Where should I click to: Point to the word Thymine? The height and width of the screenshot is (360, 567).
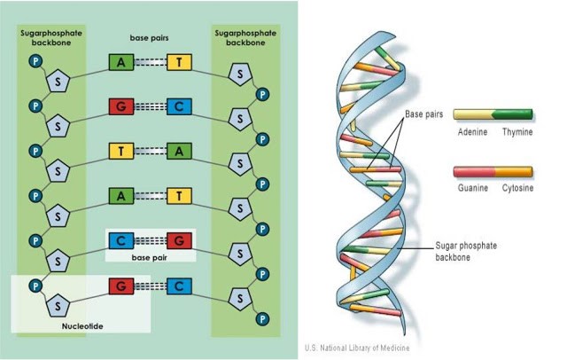click(x=516, y=131)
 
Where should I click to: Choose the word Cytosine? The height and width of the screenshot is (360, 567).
click(x=517, y=188)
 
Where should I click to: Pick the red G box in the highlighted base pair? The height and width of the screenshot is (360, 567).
click(x=180, y=240)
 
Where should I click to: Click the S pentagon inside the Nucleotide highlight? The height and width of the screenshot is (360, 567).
click(x=59, y=303)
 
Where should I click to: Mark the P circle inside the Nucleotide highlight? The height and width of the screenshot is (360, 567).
click(x=34, y=286)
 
